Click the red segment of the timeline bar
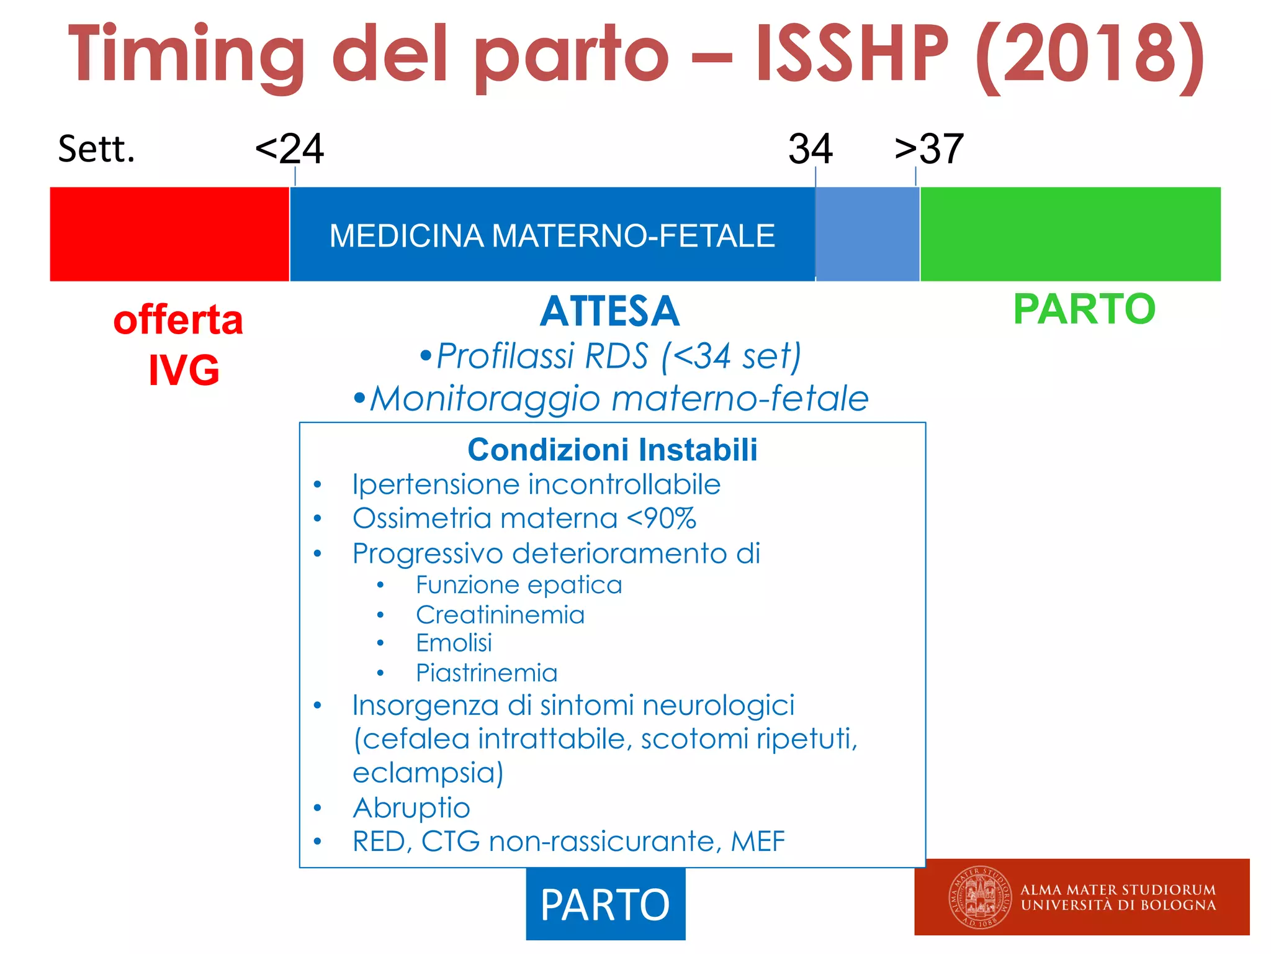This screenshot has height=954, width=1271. coord(169,234)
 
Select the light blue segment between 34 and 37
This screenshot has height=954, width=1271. coord(867,234)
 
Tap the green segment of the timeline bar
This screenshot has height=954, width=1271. coord(1070,234)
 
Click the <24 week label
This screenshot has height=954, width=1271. coord(289,149)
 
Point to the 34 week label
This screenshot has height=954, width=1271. coord(810,149)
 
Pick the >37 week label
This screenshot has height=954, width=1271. coord(929,149)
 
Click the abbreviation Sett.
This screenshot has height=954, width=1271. coord(96,149)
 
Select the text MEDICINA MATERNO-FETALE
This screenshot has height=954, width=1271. coord(552,236)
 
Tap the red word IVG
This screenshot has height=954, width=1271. coord(184,370)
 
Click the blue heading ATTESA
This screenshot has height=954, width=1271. coord(609,311)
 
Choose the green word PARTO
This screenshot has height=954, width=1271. coord(1084,309)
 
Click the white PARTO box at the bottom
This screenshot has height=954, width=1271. coord(605,904)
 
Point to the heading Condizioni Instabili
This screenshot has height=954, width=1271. coord(612,450)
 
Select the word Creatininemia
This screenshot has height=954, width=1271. coord(500,615)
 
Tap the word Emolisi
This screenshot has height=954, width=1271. coord(454,643)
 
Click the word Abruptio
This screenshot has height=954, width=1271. coord(411,808)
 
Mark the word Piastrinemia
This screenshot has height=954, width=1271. coord(487,673)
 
